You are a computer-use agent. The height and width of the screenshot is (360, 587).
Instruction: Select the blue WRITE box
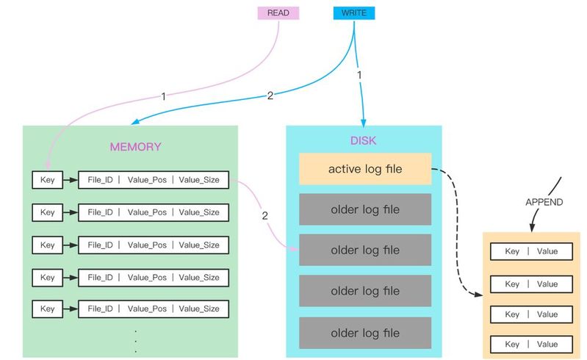click(354, 13)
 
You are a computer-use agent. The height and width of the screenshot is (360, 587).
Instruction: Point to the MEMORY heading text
click(135, 146)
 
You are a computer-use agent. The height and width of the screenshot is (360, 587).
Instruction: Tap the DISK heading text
click(364, 140)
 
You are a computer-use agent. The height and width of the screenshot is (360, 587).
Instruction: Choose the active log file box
click(364, 169)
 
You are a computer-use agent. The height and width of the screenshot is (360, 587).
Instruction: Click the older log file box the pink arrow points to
click(364, 251)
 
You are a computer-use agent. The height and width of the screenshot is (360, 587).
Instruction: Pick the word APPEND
click(544, 202)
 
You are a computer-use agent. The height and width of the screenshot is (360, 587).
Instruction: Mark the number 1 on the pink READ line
click(163, 96)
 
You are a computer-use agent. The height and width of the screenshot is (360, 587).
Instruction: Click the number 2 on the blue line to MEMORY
click(270, 96)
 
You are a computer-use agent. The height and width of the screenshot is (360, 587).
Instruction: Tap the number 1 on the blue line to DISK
click(360, 76)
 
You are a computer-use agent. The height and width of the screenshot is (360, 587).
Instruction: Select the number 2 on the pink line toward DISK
click(264, 216)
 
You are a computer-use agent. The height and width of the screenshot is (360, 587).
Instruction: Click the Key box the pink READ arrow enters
click(48, 180)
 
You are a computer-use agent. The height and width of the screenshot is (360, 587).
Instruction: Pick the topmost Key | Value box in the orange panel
click(531, 251)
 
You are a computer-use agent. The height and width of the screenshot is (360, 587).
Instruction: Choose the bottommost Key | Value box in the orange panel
click(531, 344)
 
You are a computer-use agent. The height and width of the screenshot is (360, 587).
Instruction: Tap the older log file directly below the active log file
click(364, 209)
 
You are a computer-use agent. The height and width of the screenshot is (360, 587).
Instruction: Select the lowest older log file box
click(364, 332)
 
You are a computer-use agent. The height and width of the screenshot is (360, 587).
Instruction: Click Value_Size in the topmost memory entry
click(199, 180)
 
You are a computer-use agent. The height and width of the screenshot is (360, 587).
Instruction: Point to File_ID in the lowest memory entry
click(100, 309)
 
